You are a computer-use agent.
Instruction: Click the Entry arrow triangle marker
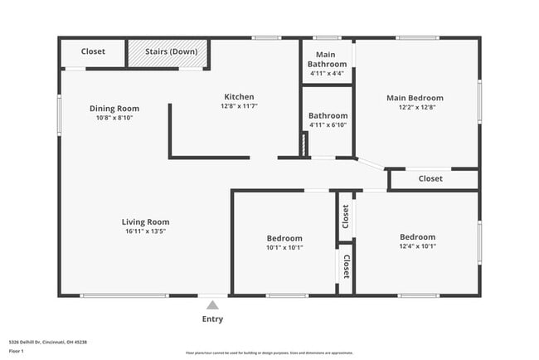pos(212,305)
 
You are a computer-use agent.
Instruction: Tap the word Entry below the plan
pos(212,319)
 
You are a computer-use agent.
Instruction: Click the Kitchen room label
pos(237,97)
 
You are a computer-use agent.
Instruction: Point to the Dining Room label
pos(114,109)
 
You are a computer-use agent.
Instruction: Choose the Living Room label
pos(145,221)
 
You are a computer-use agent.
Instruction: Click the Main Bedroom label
pos(415,98)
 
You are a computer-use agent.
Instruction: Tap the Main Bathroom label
pos(327,59)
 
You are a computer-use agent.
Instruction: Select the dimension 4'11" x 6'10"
pos(328,125)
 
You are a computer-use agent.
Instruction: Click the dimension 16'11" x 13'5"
pos(145,231)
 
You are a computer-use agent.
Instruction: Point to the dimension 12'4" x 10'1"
pos(417,246)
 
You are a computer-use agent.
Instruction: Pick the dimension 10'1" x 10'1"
pos(284,247)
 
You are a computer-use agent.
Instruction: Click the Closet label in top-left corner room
pos(93,51)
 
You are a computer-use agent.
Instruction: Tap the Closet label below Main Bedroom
pos(430,178)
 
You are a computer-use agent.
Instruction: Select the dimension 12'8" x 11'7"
pos(237,106)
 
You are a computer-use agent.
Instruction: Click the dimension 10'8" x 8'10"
pos(114,118)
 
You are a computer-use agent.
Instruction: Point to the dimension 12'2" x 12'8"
pos(415,107)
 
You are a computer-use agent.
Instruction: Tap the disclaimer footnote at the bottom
pos(269,352)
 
